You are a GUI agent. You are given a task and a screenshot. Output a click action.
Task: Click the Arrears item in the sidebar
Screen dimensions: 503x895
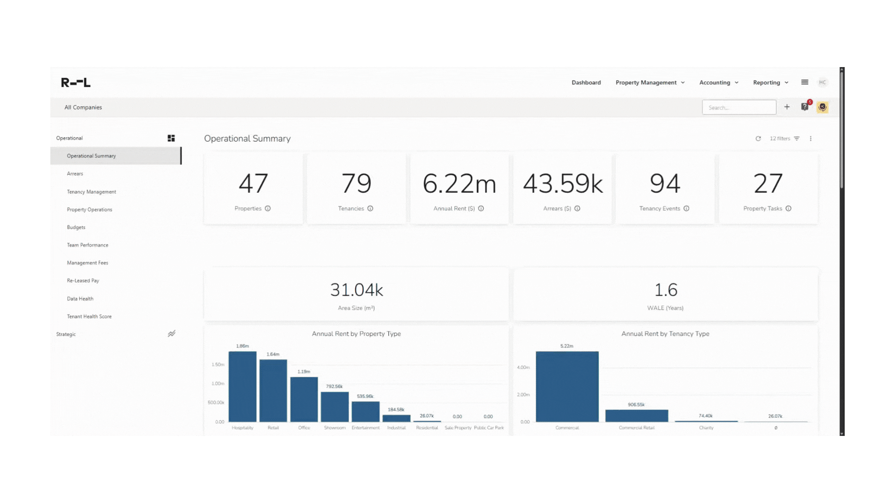(75, 174)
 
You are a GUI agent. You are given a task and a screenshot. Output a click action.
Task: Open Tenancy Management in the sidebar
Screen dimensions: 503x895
(91, 192)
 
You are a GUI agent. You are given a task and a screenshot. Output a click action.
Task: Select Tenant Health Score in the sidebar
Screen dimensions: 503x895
(89, 317)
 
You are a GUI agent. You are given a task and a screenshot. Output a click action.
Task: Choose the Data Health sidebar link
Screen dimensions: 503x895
(80, 299)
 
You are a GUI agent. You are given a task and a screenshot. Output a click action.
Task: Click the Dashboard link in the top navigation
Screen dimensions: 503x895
(586, 82)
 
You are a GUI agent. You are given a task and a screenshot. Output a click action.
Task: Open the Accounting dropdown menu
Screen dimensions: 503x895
(718, 82)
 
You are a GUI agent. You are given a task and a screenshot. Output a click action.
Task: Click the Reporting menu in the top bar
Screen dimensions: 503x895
(771, 82)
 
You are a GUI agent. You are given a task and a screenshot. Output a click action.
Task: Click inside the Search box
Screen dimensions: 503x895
(738, 108)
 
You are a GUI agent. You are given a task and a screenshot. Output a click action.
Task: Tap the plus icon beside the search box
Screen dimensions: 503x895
(787, 107)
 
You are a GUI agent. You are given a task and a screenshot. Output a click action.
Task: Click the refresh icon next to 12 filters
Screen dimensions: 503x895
(758, 139)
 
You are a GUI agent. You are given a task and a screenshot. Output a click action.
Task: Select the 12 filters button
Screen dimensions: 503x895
(785, 139)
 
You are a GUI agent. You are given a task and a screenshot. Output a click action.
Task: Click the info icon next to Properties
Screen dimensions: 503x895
(268, 209)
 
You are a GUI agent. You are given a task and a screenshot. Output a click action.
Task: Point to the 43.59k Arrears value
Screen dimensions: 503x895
(562, 184)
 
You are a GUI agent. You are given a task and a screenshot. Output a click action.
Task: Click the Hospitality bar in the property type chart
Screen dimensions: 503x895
(242, 387)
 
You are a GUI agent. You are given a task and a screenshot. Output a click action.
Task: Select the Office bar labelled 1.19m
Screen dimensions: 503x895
(304, 399)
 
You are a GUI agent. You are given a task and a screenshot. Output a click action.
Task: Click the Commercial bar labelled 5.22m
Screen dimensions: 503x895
(567, 387)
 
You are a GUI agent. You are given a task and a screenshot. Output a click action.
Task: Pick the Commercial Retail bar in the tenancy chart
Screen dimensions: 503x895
(636, 415)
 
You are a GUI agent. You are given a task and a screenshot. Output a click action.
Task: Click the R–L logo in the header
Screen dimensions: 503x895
(76, 82)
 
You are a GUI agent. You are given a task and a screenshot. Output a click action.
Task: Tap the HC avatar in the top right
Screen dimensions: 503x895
(822, 82)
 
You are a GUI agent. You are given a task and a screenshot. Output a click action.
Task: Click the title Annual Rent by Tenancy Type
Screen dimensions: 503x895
(665, 334)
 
